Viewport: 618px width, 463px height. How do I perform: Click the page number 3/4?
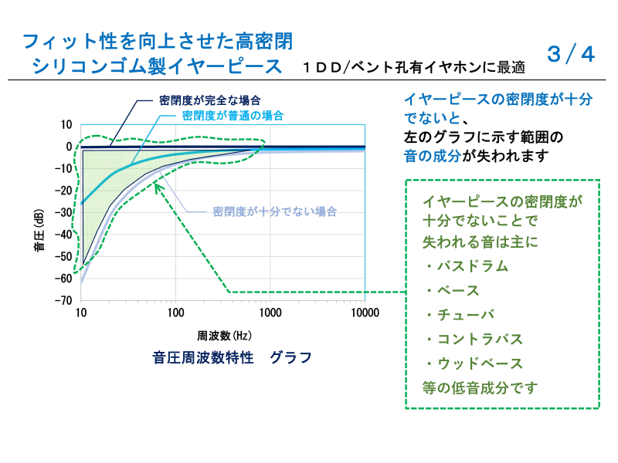571,54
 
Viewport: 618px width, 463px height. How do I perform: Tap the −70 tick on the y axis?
63,300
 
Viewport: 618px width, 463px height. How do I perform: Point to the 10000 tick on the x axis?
365,313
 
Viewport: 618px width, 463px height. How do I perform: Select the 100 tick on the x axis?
175,313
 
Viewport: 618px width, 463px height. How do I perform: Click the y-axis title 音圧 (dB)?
39,230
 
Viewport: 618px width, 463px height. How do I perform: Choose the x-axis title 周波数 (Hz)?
224,336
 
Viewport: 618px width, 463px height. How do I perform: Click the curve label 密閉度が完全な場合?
209,100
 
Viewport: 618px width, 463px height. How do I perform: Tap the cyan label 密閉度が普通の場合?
233,116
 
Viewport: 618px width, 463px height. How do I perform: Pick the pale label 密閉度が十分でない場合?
275,211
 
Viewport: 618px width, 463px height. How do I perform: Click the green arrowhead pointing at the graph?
158,188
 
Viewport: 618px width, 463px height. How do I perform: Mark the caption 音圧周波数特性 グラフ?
232,357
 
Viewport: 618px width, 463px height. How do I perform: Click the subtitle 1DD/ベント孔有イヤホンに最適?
414,67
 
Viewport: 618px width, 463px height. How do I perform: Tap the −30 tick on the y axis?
63,213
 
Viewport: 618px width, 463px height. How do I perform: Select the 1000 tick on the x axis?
270,313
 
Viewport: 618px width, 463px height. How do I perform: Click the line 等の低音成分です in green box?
480,388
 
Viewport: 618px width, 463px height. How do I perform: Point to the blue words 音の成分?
433,156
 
